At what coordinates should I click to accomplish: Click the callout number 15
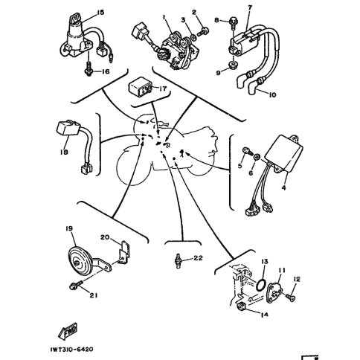click(x=100, y=13)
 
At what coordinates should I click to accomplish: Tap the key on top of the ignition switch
click(x=75, y=19)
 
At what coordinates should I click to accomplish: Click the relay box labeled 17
click(x=139, y=88)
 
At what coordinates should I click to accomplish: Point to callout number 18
click(x=64, y=152)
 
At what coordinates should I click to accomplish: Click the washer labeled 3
click(x=193, y=38)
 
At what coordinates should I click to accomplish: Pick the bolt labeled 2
click(x=203, y=31)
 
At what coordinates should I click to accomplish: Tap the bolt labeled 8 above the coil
click(x=233, y=22)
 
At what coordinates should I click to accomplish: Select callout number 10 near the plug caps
click(x=272, y=94)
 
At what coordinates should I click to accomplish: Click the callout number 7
click(x=250, y=8)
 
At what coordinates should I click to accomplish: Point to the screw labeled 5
click(x=247, y=151)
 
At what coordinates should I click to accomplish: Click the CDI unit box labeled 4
click(x=284, y=153)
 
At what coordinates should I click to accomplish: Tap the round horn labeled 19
click(x=80, y=261)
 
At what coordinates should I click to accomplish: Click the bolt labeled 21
click(x=76, y=285)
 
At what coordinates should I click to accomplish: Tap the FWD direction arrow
click(x=68, y=331)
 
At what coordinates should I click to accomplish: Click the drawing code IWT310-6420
click(x=72, y=350)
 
